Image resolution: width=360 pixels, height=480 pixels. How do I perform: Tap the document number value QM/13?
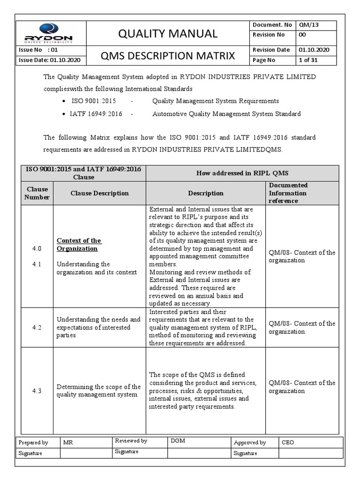(308, 25)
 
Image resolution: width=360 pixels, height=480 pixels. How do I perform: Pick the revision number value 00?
(303, 35)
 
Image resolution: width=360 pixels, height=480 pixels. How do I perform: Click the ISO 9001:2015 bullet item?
(93, 101)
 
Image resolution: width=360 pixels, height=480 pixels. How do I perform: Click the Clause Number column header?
(37, 193)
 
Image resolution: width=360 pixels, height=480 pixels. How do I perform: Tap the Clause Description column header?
(99, 193)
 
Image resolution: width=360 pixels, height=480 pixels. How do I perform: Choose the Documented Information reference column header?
(288, 193)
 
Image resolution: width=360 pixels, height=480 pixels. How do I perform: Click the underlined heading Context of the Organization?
(79, 244)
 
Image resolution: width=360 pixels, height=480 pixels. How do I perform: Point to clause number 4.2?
(37, 328)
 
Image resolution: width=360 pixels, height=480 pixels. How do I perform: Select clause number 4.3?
(37, 390)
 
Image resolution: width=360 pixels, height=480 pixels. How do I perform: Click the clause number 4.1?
(37, 264)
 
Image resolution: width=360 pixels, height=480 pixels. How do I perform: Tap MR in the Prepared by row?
(67, 442)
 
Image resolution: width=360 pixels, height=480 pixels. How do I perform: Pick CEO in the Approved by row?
(288, 442)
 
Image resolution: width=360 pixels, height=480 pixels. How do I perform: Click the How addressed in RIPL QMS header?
(242, 173)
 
